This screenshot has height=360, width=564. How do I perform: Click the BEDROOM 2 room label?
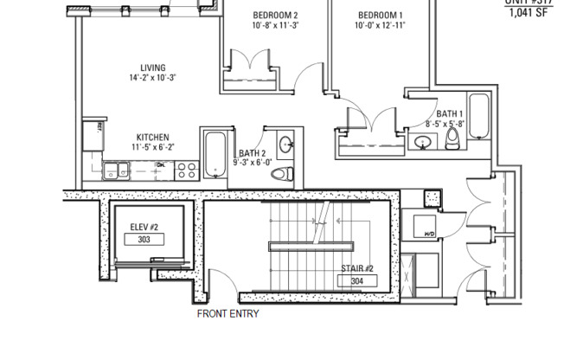275,16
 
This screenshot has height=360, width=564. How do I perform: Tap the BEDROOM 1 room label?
380,16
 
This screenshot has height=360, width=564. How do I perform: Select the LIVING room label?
153,67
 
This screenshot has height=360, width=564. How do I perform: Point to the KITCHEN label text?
152,137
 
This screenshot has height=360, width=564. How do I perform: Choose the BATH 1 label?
449,113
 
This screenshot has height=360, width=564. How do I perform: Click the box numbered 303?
144,239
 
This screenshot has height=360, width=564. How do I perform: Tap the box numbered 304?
357,281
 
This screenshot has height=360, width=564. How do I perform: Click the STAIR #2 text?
356,268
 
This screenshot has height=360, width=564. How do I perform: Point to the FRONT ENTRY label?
228,314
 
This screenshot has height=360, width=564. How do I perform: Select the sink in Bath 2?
285,143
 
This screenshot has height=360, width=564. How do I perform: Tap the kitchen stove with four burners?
186,170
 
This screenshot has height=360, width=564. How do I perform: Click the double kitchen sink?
116,170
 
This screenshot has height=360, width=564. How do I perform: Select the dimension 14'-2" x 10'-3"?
153,78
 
